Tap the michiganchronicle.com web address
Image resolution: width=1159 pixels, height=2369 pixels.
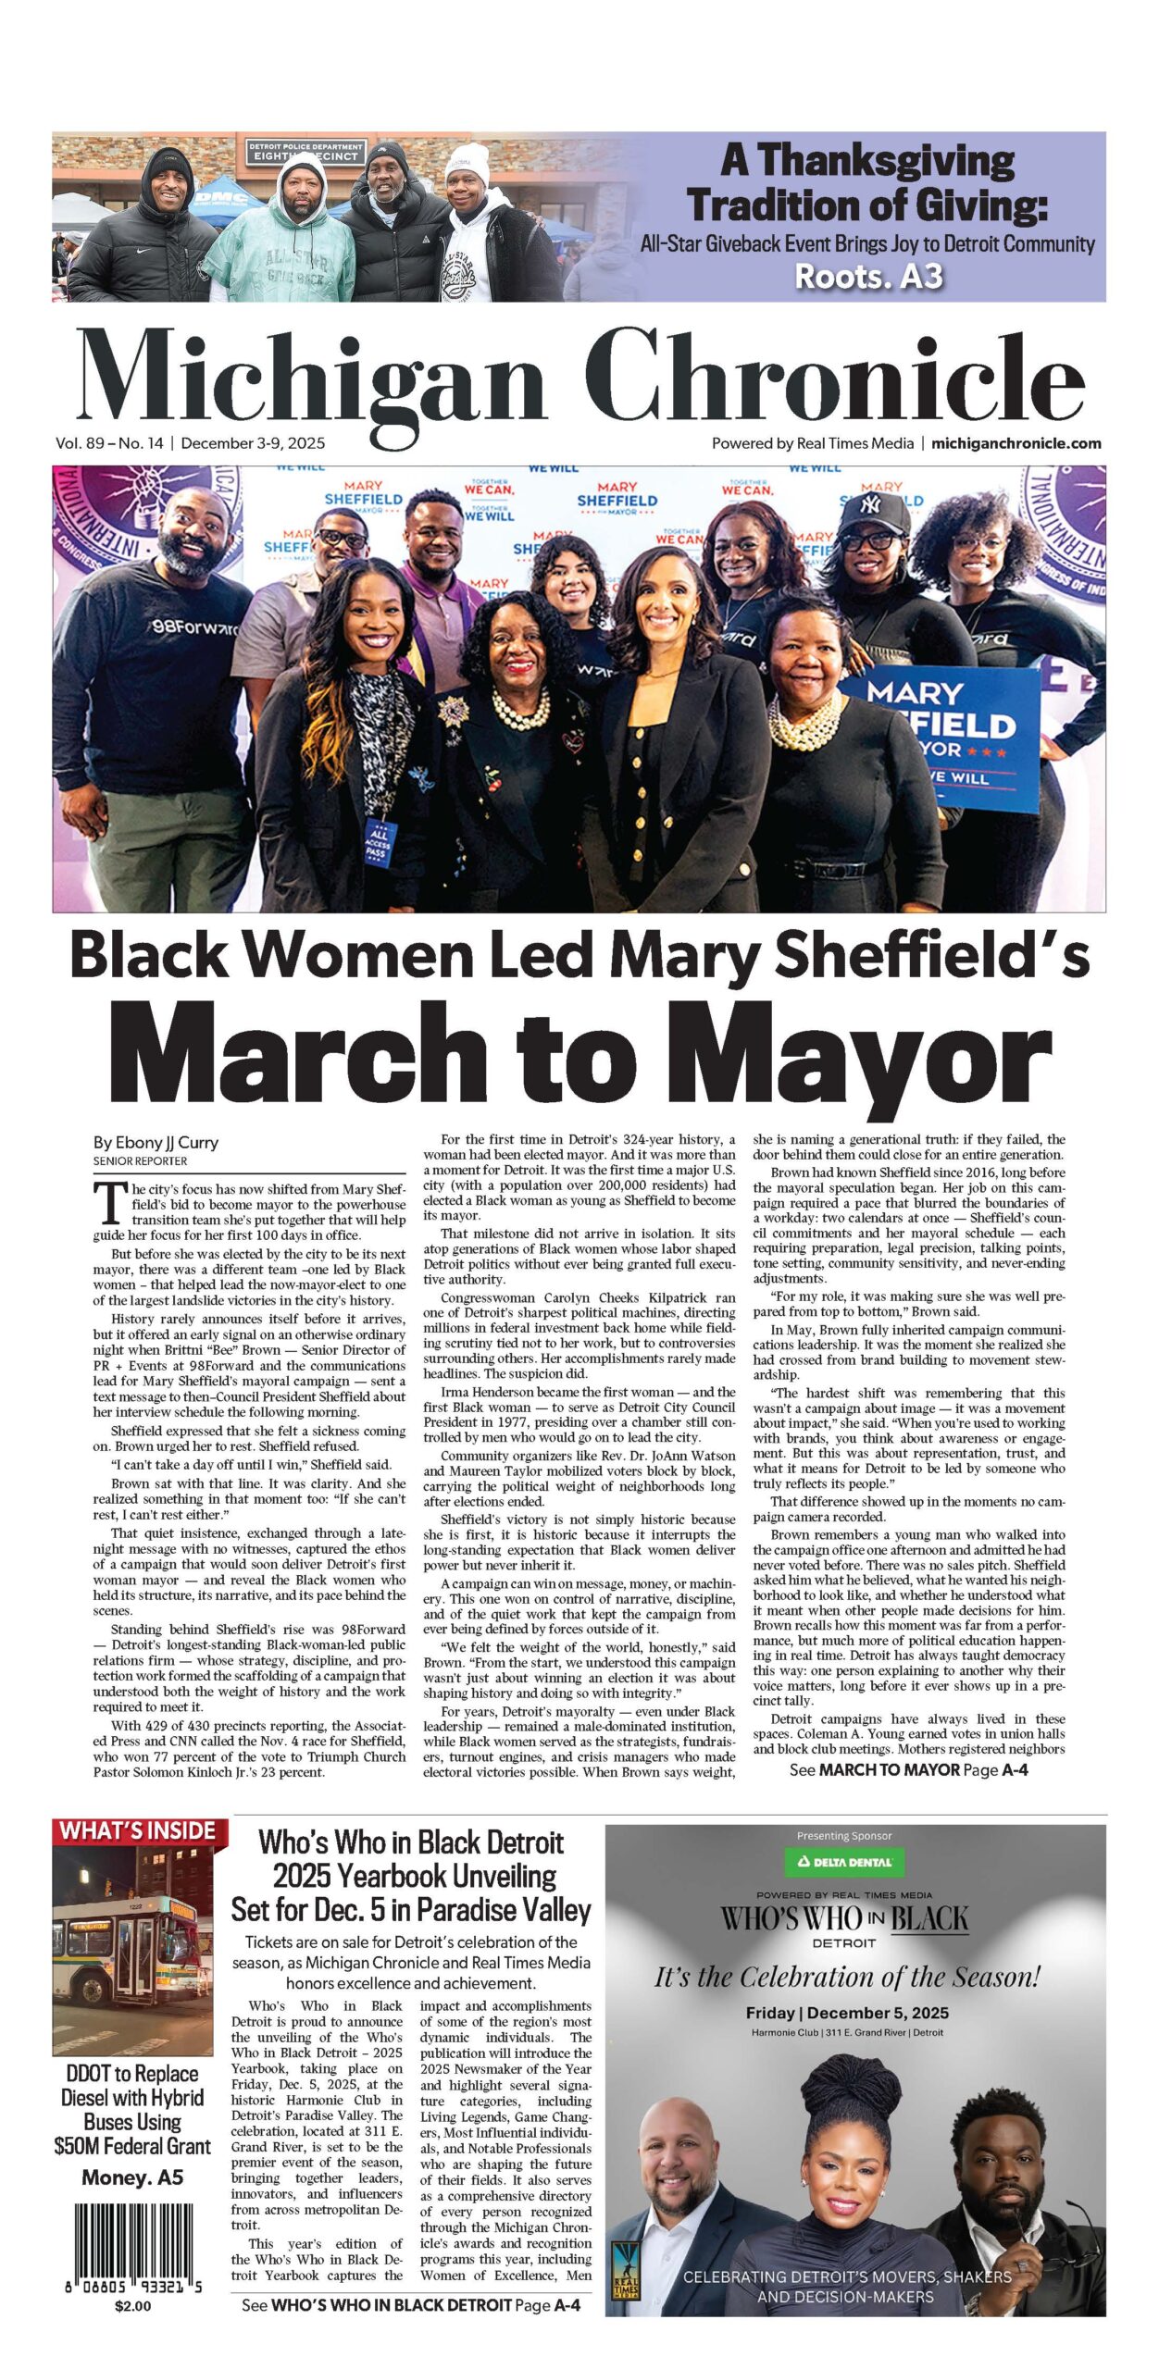coord(1016,443)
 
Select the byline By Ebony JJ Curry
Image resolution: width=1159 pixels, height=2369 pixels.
coord(156,1142)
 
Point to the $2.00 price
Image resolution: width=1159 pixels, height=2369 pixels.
coord(132,2305)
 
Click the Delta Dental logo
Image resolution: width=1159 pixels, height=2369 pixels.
coord(844,1862)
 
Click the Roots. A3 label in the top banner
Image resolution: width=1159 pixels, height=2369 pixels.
coord(868,276)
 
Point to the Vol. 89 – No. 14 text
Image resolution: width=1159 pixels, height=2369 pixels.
coord(109,443)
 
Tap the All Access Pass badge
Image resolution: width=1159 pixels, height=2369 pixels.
coord(379,837)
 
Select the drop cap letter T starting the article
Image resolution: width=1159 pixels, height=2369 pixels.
coord(110,1202)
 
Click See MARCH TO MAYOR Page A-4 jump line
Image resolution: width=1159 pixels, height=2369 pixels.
coord(908,1770)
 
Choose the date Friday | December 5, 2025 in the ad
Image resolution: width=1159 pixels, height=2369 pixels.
coord(847,2013)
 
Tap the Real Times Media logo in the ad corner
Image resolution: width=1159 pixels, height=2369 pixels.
coord(627,2269)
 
